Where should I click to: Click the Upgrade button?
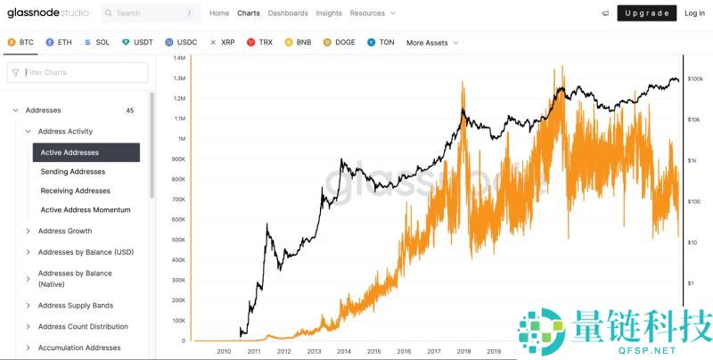point(646,13)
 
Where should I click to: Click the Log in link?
point(694,13)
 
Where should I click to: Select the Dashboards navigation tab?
point(288,13)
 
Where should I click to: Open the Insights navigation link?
point(329,13)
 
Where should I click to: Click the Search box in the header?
point(151,13)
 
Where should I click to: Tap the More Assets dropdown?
point(432,42)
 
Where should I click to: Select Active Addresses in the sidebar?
point(86,152)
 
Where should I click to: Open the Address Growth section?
point(65,231)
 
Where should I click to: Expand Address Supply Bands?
point(76,306)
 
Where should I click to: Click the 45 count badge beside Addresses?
point(129,110)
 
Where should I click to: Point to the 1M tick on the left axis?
point(181,139)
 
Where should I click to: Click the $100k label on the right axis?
point(696,78)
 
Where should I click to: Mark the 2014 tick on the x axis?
point(344,351)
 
